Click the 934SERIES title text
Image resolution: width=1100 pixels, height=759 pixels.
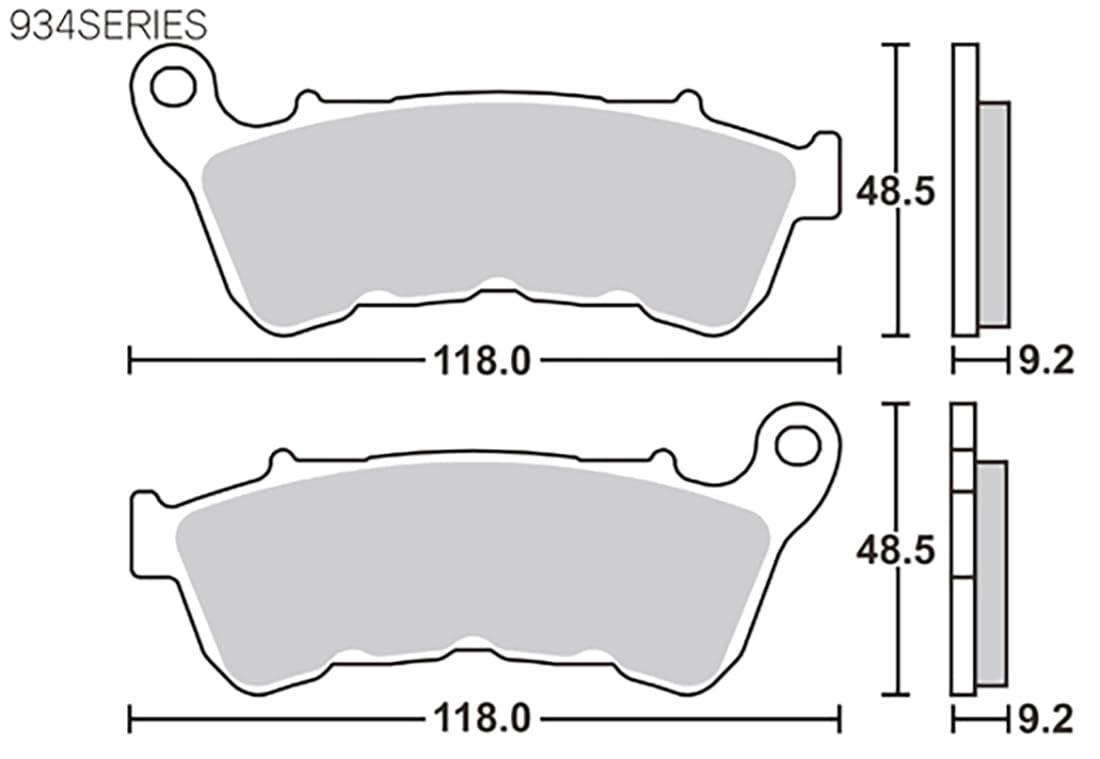pos(108,25)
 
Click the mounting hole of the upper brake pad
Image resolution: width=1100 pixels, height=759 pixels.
pos(173,86)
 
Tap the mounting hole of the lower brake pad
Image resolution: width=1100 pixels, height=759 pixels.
pos(798,445)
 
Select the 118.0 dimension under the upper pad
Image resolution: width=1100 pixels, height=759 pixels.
pos(482,362)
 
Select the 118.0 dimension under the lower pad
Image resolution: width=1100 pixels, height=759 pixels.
pos(482,718)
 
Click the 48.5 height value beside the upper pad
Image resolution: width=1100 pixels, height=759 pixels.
pos(896,191)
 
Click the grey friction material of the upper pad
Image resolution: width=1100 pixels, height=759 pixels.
pos(498,210)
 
